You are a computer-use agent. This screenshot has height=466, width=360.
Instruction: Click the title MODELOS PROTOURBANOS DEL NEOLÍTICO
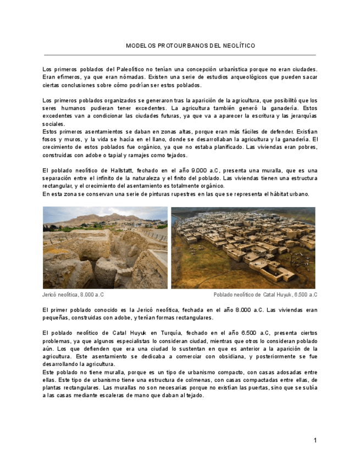coord(190,46)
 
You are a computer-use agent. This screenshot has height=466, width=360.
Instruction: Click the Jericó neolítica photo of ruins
coord(105,247)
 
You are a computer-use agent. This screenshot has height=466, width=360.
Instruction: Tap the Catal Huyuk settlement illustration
coord(243,247)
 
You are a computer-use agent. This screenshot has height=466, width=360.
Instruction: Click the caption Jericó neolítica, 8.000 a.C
coord(73,295)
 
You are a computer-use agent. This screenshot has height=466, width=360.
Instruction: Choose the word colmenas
coord(176,380)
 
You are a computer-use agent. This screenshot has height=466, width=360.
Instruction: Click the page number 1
coord(315,440)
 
